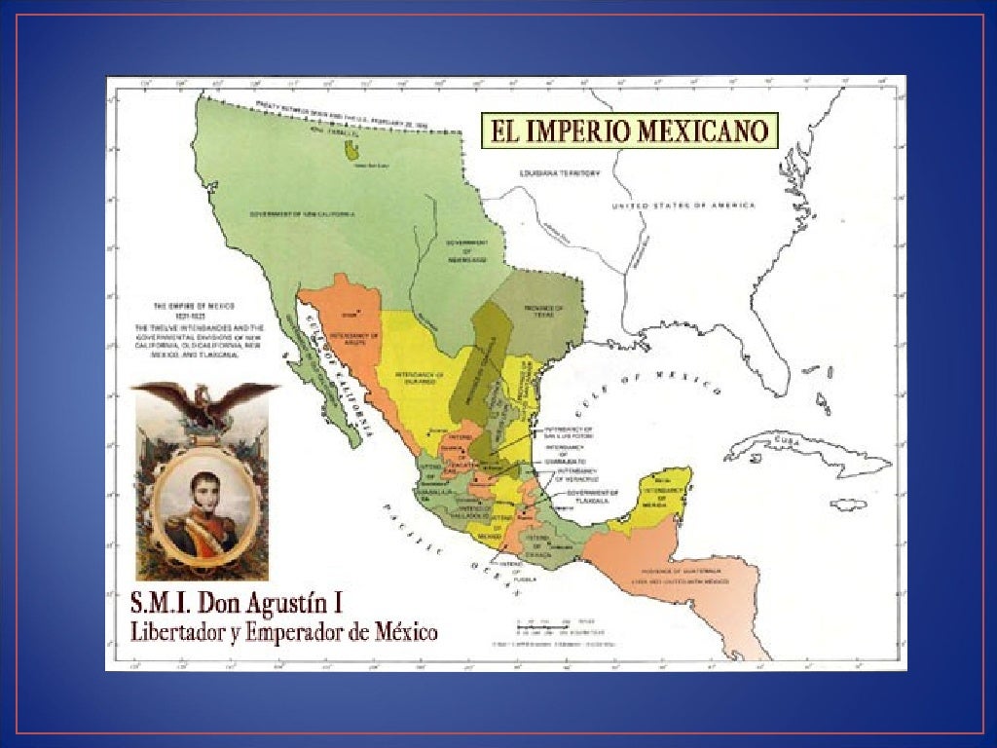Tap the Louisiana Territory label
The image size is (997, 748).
[x=560, y=173]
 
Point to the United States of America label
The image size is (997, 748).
[x=683, y=206]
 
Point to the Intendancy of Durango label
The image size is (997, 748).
[x=419, y=378]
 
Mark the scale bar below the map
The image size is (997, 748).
[x=548, y=626]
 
